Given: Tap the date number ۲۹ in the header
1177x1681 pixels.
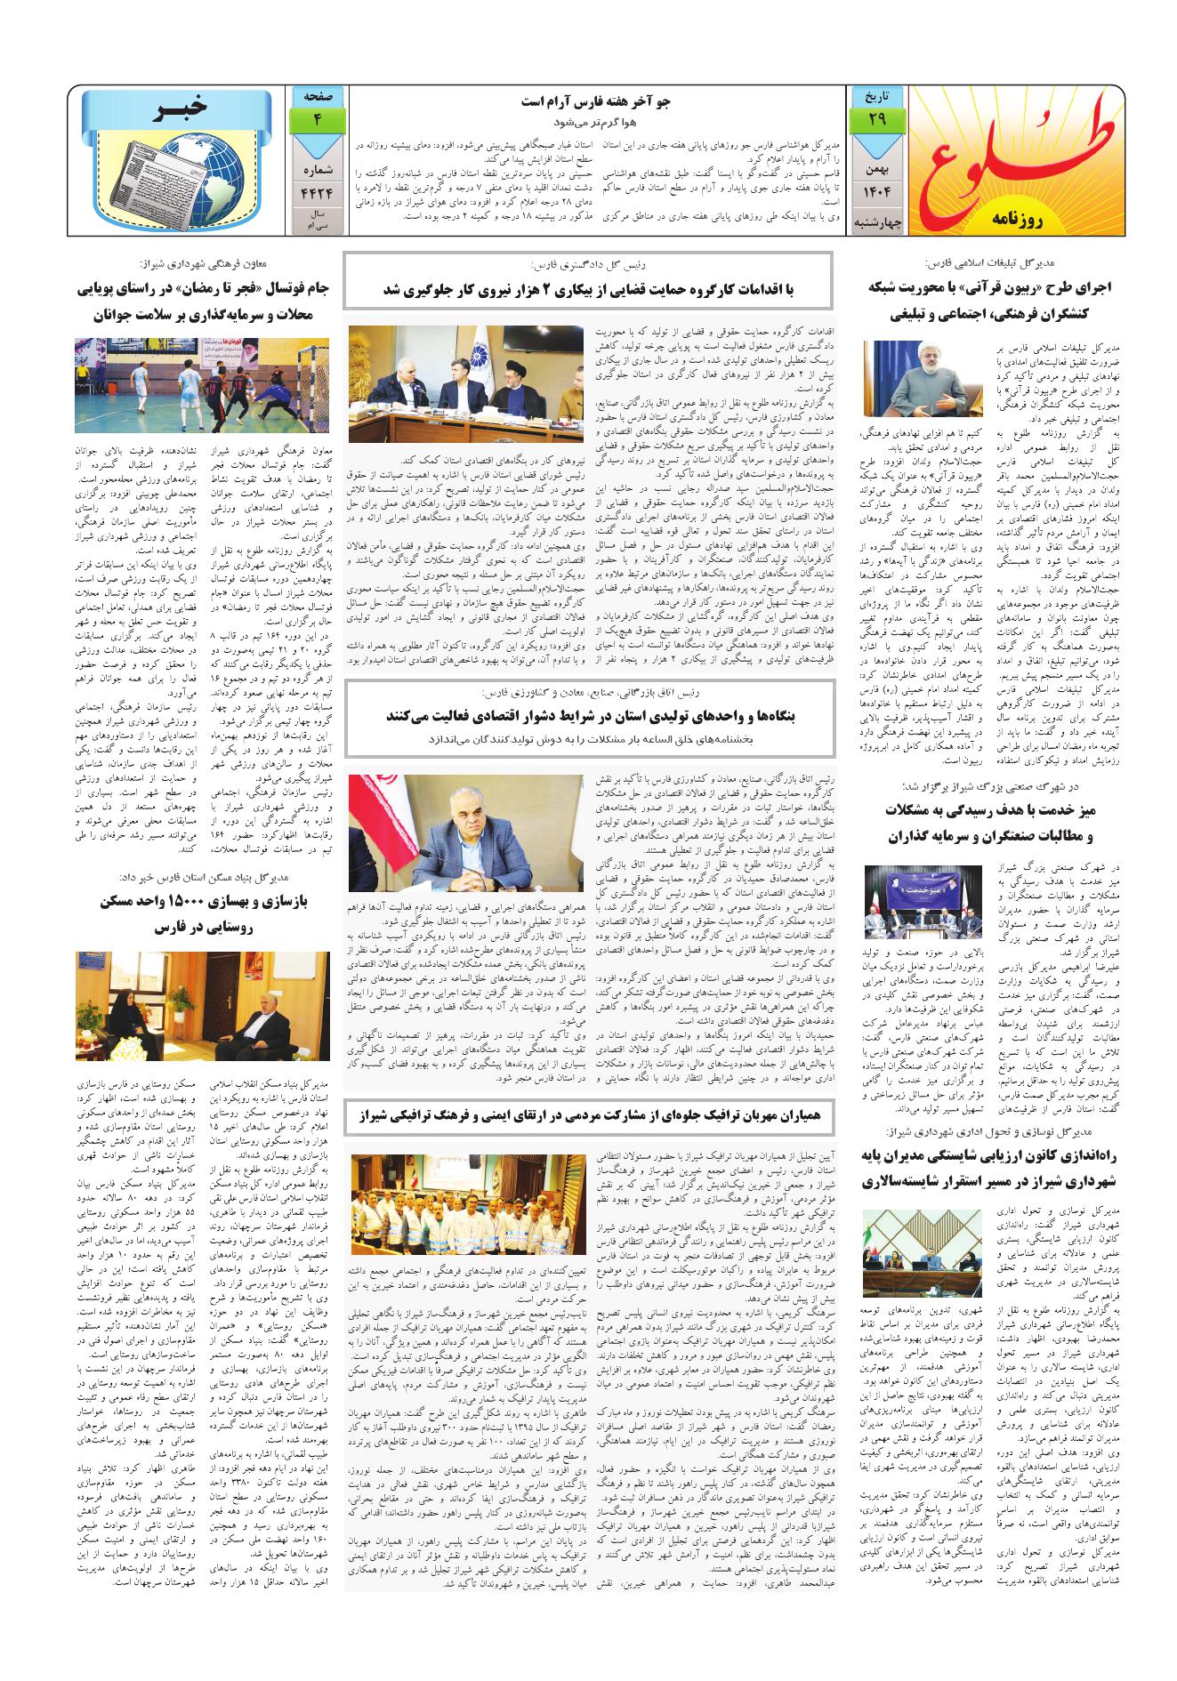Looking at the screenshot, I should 867,119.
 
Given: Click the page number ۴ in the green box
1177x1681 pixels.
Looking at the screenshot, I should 318,119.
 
